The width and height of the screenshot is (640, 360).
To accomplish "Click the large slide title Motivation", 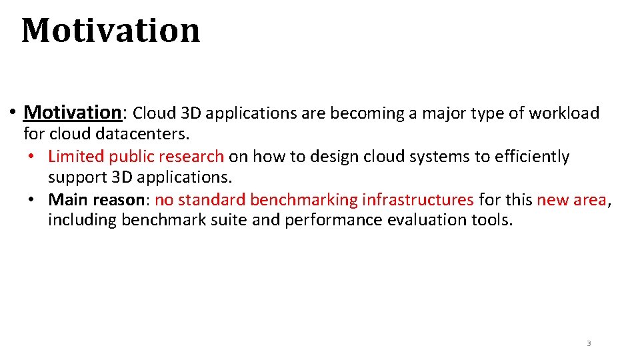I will pyautogui.click(x=111, y=31).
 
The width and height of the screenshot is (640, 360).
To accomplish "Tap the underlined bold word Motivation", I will pyautogui.click(x=71, y=113).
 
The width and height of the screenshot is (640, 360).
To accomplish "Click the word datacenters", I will pyautogui.click(x=143, y=134).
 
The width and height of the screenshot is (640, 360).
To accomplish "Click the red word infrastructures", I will pyautogui.click(x=418, y=199).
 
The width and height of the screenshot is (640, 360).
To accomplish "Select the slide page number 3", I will pyautogui.click(x=589, y=343).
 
